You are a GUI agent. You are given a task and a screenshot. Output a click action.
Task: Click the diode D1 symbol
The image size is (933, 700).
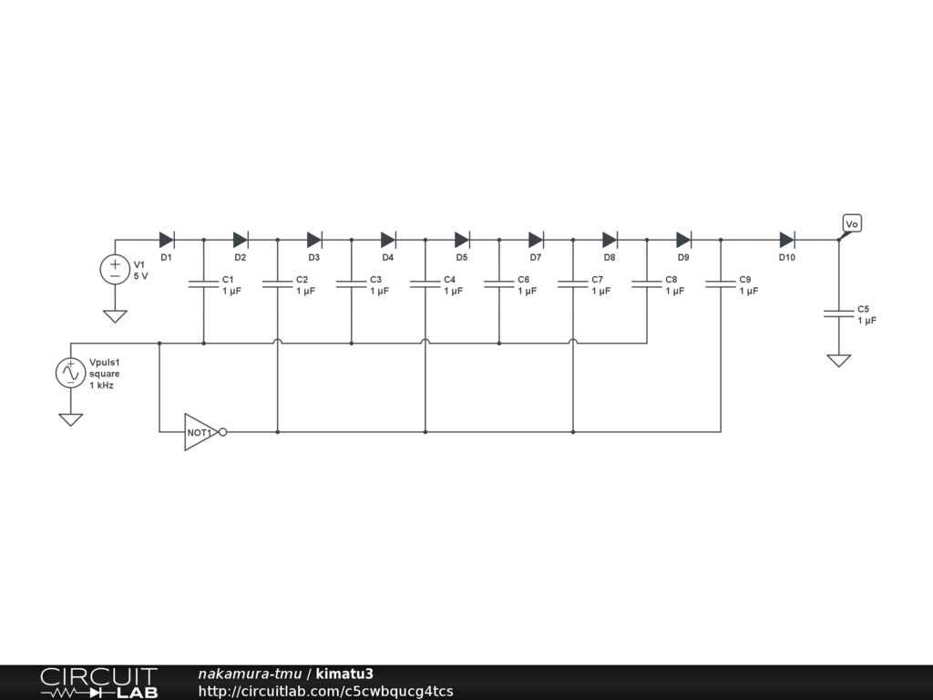click(x=166, y=240)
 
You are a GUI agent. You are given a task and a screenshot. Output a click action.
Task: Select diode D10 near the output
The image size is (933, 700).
click(x=787, y=240)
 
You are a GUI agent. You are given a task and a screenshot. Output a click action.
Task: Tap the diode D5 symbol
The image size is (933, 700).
click(x=462, y=240)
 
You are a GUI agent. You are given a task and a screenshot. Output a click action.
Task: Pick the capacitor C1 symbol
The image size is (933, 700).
click(x=203, y=284)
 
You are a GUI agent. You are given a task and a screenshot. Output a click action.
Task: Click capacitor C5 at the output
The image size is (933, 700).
click(x=838, y=314)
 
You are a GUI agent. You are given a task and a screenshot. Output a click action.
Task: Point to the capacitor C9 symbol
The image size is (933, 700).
click(x=721, y=284)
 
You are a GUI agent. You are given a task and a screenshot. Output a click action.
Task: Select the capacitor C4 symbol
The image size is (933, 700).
click(x=425, y=284)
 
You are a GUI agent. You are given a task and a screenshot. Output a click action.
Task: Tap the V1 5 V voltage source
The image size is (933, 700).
click(x=115, y=269)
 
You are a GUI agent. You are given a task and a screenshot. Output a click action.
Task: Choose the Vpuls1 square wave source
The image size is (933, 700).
click(x=70, y=373)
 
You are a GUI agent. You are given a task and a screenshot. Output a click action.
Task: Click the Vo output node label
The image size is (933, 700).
click(x=852, y=224)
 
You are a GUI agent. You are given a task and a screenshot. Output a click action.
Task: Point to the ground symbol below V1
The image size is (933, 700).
click(x=115, y=316)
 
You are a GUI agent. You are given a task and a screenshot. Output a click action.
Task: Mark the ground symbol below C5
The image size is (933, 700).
click(x=838, y=360)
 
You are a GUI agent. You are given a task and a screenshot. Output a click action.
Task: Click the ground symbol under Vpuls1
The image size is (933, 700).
click(x=70, y=419)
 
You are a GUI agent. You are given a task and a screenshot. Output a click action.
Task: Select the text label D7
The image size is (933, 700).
click(x=536, y=258)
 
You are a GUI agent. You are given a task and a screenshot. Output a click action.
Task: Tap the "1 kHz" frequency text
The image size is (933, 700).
click(x=101, y=386)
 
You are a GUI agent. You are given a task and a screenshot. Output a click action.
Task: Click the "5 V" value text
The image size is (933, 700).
click(x=141, y=275)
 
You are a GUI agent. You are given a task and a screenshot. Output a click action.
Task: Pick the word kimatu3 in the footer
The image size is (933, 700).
click(x=344, y=674)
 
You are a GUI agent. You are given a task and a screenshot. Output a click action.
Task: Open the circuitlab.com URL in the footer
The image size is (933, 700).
click(x=325, y=691)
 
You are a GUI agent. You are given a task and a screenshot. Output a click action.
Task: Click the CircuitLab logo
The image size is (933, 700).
click(x=98, y=683)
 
